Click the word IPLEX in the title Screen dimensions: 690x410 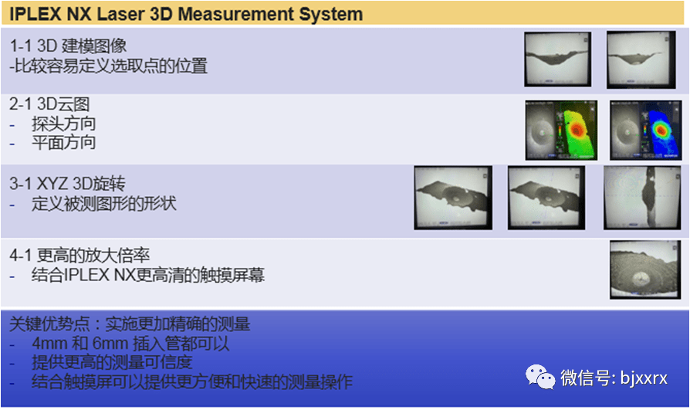point(36,14)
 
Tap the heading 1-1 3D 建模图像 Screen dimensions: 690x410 point(68,46)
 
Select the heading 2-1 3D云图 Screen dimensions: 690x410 point(49,104)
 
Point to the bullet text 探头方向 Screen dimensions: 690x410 point(63,124)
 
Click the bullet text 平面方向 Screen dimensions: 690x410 point(63,143)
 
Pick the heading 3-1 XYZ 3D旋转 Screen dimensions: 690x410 point(67,184)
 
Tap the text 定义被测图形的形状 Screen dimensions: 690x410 point(104,204)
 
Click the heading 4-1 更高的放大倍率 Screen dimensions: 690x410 point(79,256)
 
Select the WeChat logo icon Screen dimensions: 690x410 point(540,378)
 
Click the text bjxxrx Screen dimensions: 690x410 point(644,378)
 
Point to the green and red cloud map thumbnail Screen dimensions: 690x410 point(561,130)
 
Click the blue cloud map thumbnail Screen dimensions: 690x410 point(645,130)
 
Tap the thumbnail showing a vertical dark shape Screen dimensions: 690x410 point(642,198)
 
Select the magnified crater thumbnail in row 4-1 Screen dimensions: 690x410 point(645,269)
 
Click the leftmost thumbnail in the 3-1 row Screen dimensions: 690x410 point(453,198)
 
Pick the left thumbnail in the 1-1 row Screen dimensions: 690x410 point(557,59)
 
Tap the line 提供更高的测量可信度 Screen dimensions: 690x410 point(112,362)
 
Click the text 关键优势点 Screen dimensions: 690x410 point(49,324)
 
